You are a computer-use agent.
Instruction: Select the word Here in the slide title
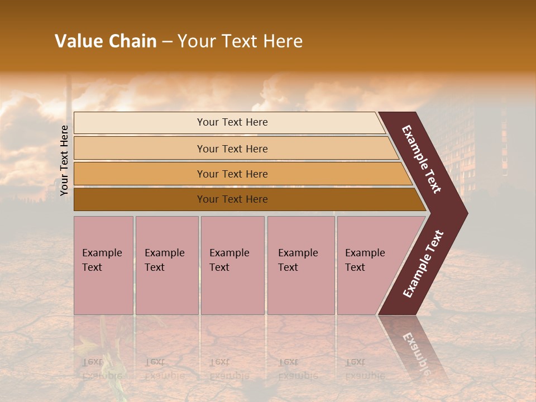pos(283,41)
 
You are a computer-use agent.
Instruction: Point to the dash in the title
pos(167,42)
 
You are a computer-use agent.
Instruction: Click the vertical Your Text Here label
pos(64,160)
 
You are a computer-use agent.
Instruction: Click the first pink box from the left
pos(103,265)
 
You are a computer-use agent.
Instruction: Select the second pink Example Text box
pos(166,265)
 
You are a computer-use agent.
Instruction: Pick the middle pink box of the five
pos(232,265)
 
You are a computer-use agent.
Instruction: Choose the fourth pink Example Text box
pos(301,265)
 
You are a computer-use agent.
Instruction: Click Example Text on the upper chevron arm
pos(422,159)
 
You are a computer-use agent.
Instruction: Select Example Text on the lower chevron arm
pos(423,264)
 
